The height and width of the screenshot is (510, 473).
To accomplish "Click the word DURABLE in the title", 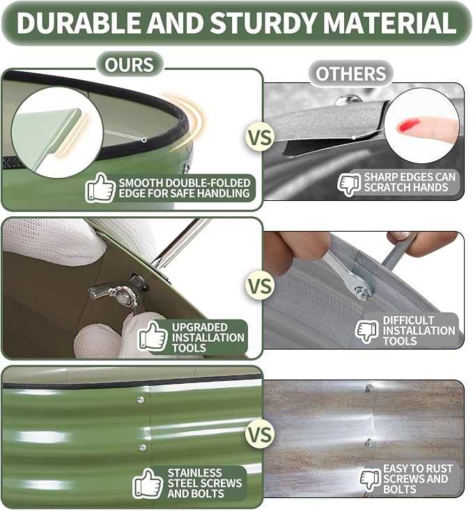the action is click(78, 22).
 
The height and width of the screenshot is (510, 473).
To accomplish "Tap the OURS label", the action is click(130, 64).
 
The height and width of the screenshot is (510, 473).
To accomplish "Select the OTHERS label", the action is click(351, 73).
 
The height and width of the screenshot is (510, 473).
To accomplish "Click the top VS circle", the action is click(260, 137).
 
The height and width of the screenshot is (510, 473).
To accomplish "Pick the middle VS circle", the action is click(260, 286).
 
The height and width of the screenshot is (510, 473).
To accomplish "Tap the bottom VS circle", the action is click(260, 435).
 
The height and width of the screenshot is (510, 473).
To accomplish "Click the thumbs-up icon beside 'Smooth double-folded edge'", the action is click(100, 188).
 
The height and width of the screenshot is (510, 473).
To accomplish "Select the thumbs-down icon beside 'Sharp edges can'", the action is click(349, 183).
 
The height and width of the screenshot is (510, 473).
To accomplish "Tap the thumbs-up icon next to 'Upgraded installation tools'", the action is click(153, 336).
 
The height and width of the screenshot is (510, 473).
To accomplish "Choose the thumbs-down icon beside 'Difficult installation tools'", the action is click(367, 331).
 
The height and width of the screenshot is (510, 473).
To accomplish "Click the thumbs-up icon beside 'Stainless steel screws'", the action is click(148, 483).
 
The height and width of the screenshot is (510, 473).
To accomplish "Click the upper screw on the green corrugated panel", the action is click(141, 400).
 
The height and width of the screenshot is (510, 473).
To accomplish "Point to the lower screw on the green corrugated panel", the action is click(142, 447).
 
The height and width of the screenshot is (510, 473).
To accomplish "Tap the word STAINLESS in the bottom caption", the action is click(194, 472).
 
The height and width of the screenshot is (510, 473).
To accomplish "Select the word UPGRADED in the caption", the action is click(199, 327).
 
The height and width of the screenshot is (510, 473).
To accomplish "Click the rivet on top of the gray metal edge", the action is click(348, 99).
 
